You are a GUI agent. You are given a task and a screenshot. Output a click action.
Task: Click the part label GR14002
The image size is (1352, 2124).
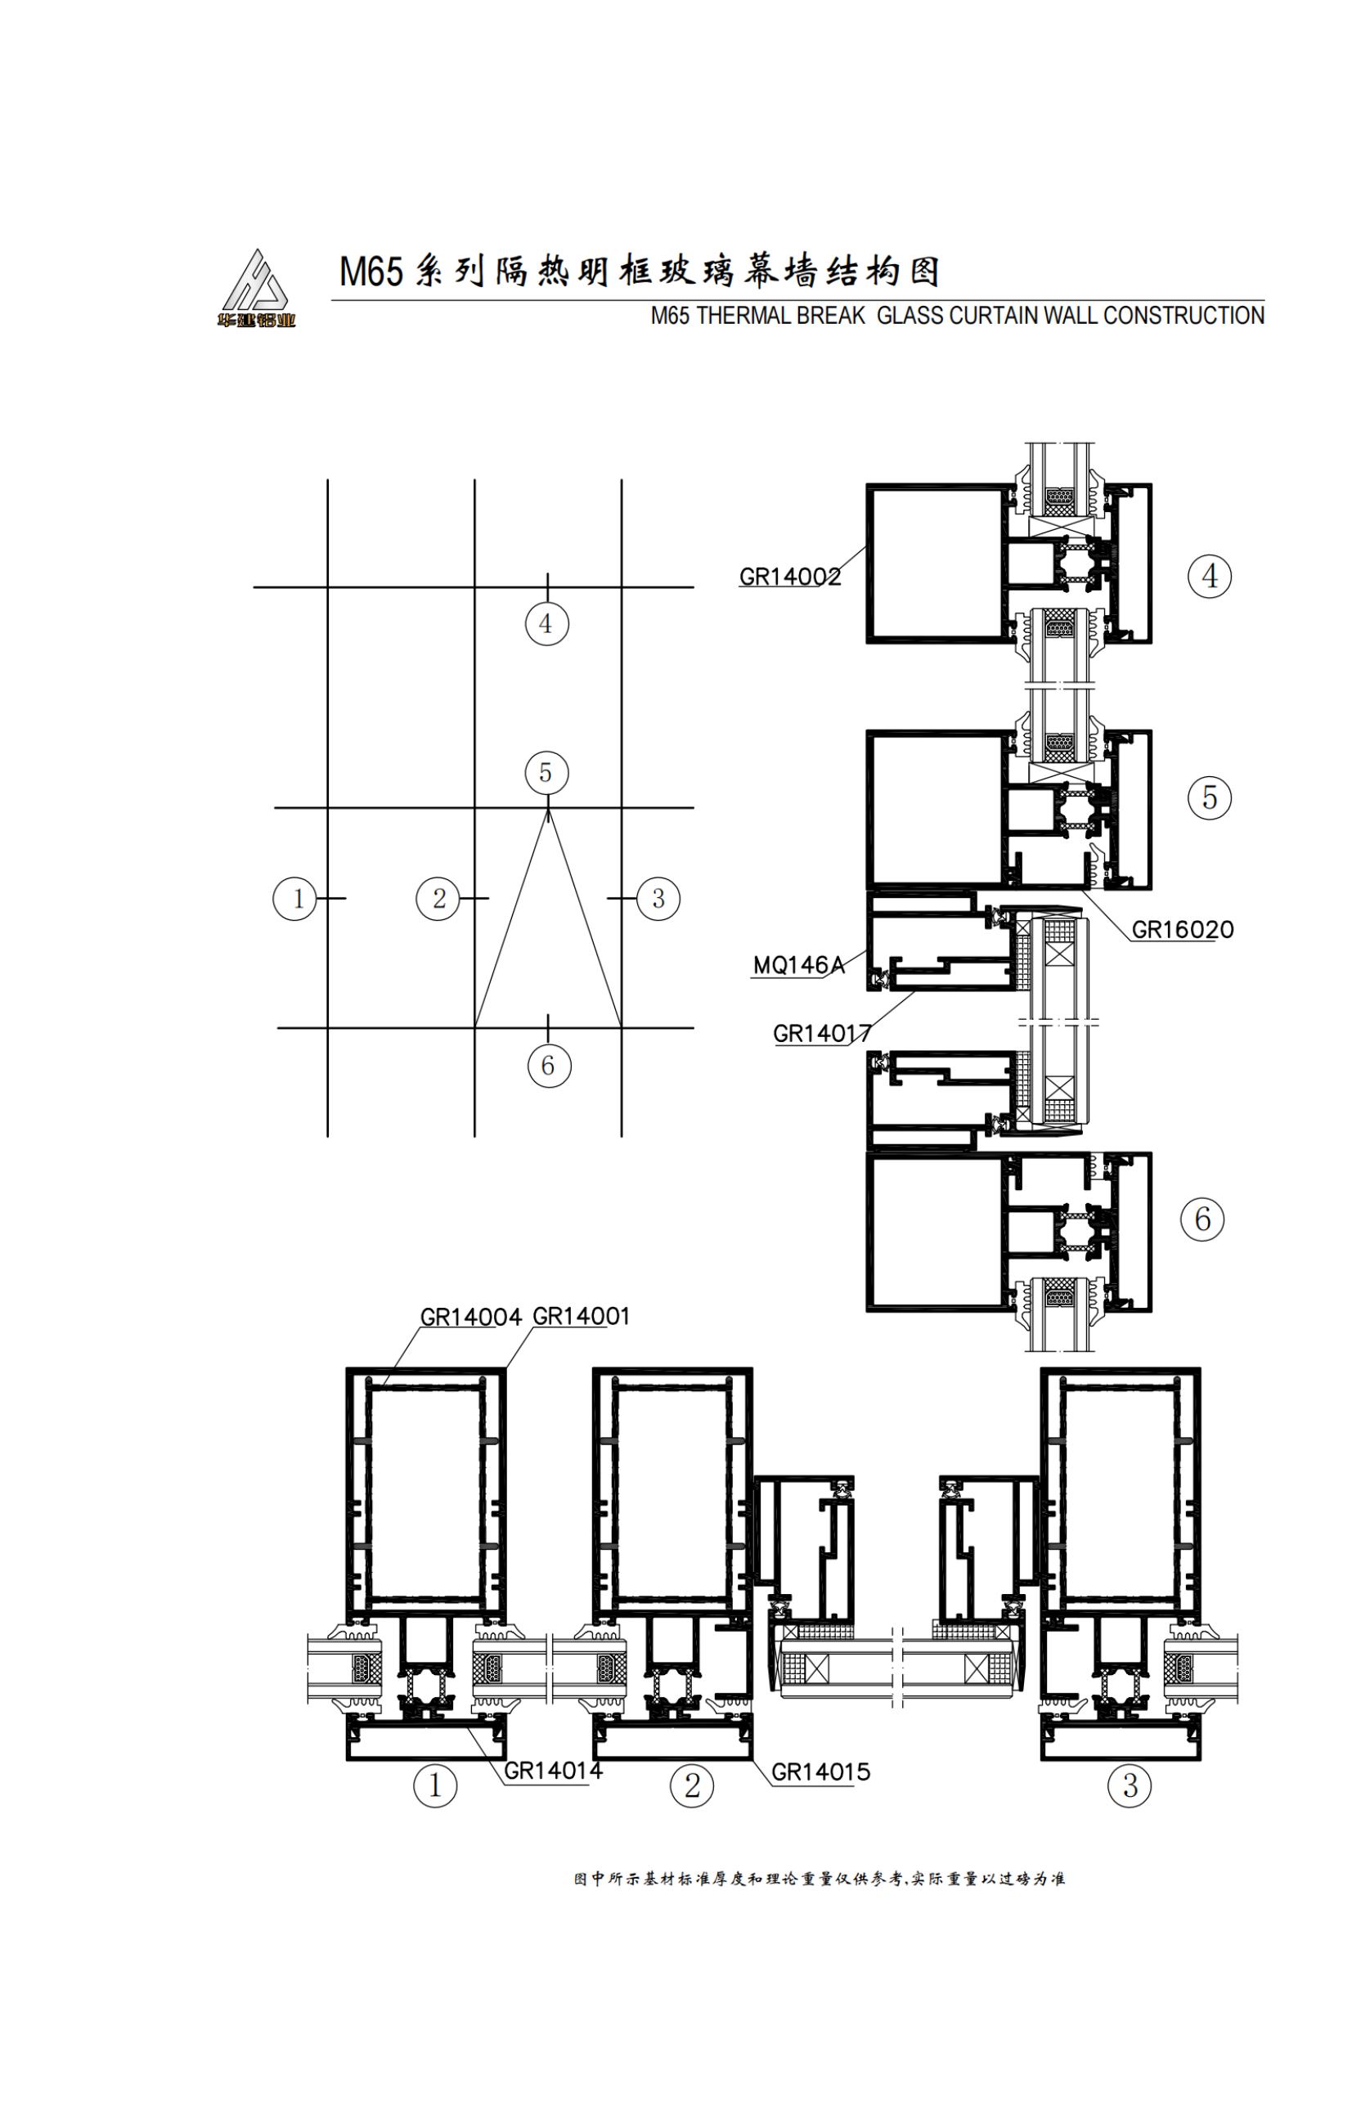789,577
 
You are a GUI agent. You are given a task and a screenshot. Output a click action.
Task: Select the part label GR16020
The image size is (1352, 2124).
1182,930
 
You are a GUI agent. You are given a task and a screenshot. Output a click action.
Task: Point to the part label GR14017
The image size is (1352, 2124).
822,1033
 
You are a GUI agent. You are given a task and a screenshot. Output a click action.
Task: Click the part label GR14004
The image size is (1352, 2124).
470,1317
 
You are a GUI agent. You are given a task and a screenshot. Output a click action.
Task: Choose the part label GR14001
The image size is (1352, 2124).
582,1316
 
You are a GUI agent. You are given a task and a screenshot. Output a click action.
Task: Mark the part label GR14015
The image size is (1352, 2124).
820,1771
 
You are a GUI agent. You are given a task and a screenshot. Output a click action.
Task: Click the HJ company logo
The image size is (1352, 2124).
256,288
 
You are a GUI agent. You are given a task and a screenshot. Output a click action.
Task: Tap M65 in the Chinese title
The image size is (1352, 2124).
371,272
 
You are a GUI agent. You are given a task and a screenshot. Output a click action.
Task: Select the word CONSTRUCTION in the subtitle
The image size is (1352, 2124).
1183,316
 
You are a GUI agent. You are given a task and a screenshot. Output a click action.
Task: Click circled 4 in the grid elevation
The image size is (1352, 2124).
547,623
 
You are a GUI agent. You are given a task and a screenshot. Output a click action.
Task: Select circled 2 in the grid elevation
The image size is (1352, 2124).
438,899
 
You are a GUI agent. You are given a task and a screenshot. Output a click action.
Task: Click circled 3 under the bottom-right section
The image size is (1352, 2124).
1129,1786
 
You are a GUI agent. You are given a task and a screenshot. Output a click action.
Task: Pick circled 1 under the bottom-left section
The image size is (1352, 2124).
435,1786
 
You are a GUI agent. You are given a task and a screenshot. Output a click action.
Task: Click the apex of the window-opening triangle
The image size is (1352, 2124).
549,810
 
